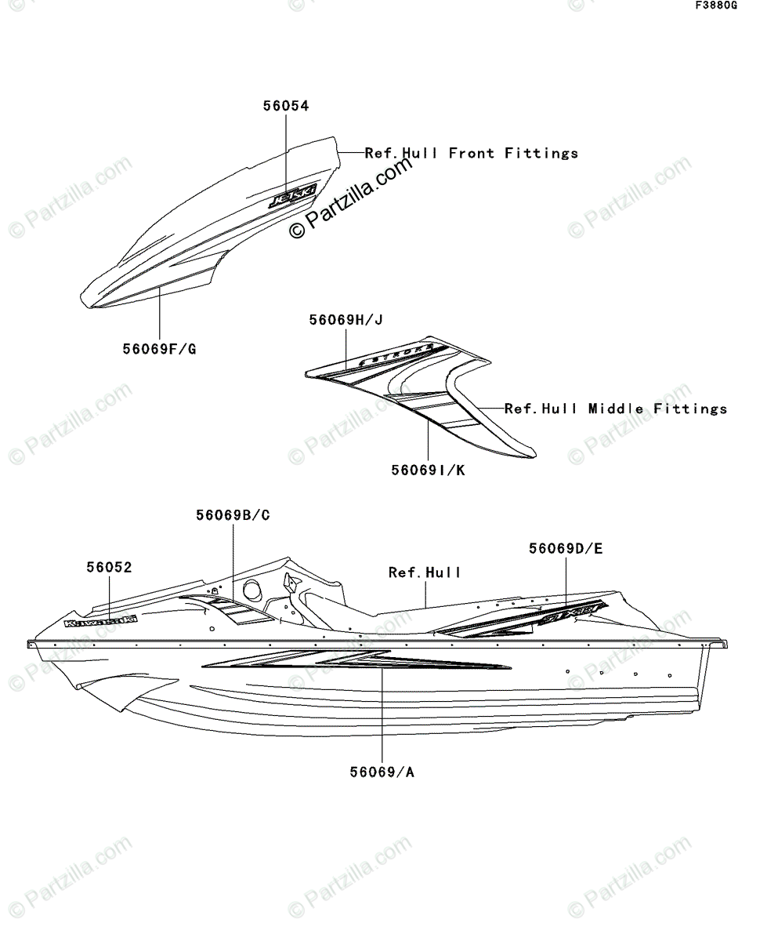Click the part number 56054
point(285,107)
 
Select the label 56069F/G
point(159,347)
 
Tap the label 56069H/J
point(346,320)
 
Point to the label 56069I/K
point(428,470)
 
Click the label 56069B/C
point(233,515)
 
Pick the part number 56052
point(109,567)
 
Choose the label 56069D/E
point(565,549)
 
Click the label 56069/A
point(382,772)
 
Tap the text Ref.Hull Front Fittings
point(472,154)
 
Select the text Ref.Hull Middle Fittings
point(616,409)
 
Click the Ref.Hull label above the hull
point(425,573)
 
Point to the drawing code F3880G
point(715,6)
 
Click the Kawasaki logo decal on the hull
point(100,622)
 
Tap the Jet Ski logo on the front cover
point(293,195)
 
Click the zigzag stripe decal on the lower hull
point(353,663)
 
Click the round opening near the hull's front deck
point(252,590)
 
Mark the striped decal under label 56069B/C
point(235,608)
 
